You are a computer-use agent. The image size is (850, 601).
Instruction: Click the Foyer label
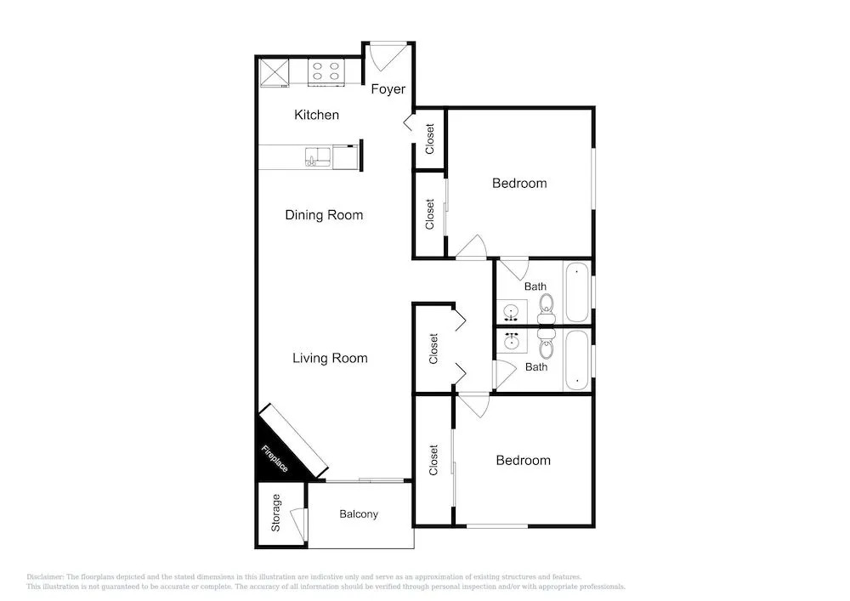point(388,89)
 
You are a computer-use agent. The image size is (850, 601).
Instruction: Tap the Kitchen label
point(316,115)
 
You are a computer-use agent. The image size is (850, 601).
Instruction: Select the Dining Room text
point(324,215)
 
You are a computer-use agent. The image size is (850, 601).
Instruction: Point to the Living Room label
point(330,358)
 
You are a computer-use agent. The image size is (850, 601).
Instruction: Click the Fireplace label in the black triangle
point(275,458)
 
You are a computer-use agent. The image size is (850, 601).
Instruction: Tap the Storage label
point(276,513)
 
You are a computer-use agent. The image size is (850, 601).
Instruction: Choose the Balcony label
point(359,513)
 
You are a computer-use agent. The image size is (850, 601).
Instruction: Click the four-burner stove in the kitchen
point(326,72)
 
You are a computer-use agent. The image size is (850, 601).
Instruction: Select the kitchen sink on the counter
point(318,156)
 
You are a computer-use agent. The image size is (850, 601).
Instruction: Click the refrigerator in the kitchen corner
point(274,72)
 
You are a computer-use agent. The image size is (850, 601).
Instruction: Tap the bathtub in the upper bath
point(577,292)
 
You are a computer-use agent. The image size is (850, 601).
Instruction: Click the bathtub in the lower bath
point(577,360)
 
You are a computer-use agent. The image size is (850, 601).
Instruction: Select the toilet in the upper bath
point(547,306)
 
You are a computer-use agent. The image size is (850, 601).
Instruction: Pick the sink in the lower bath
point(511,341)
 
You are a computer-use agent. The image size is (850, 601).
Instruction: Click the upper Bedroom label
point(519,183)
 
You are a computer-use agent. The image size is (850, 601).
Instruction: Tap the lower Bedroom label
point(523,461)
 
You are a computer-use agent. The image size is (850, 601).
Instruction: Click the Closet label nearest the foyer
point(430,139)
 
